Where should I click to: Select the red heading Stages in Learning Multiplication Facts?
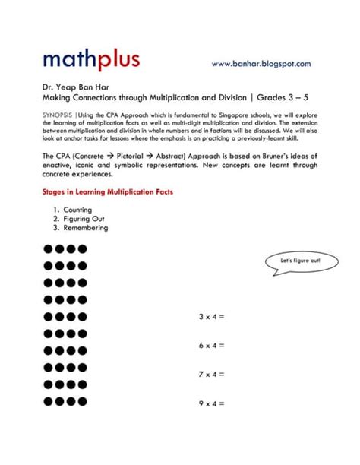(x=108, y=191)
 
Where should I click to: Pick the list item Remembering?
(x=86, y=227)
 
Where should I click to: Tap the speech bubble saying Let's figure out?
(x=300, y=261)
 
